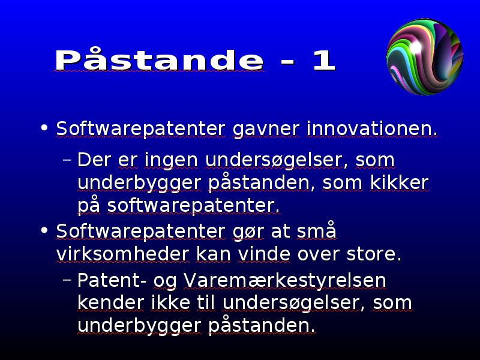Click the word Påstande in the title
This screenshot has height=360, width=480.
pyautogui.click(x=159, y=59)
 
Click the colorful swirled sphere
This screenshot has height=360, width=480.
pyautogui.click(x=425, y=57)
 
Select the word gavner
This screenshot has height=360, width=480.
pyautogui.click(x=266, y=128)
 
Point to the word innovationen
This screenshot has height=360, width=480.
pyautogui.click(x=372, y=128)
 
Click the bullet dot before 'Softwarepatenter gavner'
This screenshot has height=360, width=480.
pyautogui.click(x=44, y=127)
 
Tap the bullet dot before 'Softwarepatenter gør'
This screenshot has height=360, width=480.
pyautogui.click(x=44, y=230)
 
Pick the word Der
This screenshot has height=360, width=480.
pyautogui.click(x=94, y=160)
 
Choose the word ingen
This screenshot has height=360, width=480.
pyautogui.click(x=171, y=160)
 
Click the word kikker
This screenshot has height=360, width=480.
pyautogui.click(x=399, y=182)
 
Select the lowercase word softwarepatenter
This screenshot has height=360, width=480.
pyautogui.click(x=193, y=205)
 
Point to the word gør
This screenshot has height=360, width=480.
pyautogui.click(x=248, y=232)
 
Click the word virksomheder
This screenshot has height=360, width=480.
pyautogui.click(x=122, y=254)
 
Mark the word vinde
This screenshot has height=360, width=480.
pyautogui.click(x=264, y=254)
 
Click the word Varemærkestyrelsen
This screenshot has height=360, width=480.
pyautogui.click(x=284, y=280)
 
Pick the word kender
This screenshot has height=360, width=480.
pyautogui.click(x=110, y=302)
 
